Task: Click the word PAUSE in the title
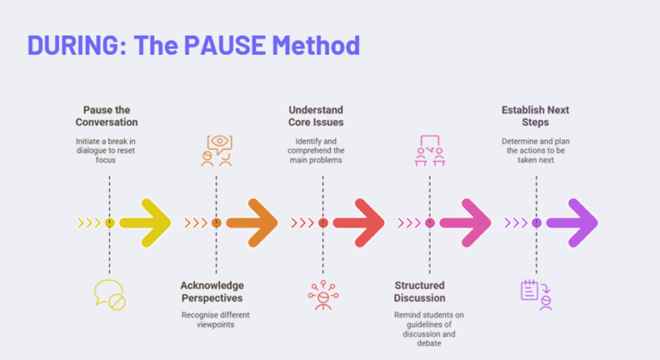pos(225,45)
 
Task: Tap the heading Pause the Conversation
pos(107,116)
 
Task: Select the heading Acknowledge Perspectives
pos(212,292)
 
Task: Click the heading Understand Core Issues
pos(315,116)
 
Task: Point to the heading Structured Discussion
pos(419,292)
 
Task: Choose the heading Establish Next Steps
pos(535,116)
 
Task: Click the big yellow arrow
pos(145,223)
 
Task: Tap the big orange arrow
pos(252,223)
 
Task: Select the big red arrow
pos(359,223)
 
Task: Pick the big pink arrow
pos(466,223)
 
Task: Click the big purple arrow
pos(572,223)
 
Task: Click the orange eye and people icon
pos(217,150)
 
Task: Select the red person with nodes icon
pos(323,295)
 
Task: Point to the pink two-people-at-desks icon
pos(430,150)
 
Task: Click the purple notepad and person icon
pos(536,295)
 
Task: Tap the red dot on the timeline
pos(323,223)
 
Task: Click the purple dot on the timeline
pos(536,223)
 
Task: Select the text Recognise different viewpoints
pos(216,320)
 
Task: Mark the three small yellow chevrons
pos(89,223)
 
